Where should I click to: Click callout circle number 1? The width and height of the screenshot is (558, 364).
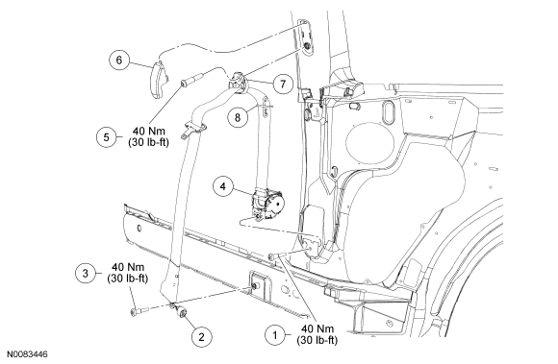(x=275, y=335)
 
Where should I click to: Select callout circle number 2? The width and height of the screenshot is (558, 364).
(x=201, y=336)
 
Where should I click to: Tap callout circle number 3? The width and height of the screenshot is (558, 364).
(x=86, y=273)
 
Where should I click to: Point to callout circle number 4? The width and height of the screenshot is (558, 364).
(x=223, y=186)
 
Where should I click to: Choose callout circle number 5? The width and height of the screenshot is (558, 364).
(x=107, y=136)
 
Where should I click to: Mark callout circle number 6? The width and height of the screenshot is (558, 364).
(x=119, y=60)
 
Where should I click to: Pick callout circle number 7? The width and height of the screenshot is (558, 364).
(x=283, y=85)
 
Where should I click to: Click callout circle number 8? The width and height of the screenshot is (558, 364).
(x=238, y=117)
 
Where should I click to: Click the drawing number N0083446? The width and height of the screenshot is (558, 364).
(x=28, y=354)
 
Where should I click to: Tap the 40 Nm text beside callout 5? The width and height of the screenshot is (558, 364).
(x=149, y=131)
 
